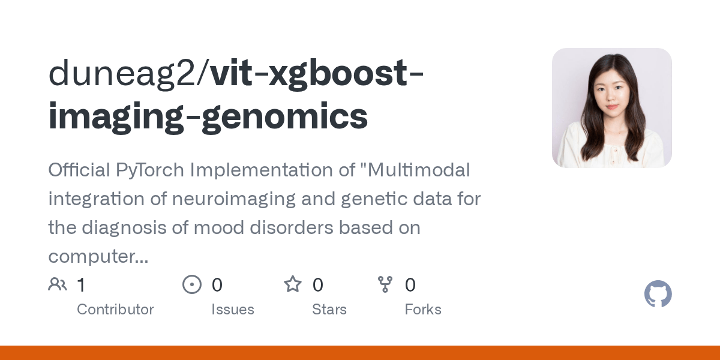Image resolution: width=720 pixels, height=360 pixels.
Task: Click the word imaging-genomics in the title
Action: pyautogui.click(x=208, y=116)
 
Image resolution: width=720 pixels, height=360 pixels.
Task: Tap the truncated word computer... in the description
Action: pyautogui.click(x=98, y=257)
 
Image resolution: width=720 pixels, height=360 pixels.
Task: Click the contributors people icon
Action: pyautogui.click(x=58, y=284)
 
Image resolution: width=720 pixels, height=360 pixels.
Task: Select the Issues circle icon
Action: pyautogui.click(x=192, y=284)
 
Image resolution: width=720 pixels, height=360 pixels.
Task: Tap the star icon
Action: pyautogui.click(x=293, y=284)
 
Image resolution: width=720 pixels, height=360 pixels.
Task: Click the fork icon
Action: pyautogui.click(x=385, y=284)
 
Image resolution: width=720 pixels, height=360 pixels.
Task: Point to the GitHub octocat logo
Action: pyautogui.click(x=658, y=295)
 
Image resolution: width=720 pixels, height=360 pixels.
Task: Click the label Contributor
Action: pyautogui.click(x=115, y=310)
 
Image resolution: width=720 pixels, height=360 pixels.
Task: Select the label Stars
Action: pyautogui.click(x=329, y=310)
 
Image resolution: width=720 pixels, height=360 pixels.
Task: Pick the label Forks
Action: pyautogui.click(x=423, y=310)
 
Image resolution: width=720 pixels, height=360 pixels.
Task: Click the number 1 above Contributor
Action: pyautogui.click(x=81, y=285)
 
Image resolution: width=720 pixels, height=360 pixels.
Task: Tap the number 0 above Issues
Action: pyautogui.click(x=217, y=285)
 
